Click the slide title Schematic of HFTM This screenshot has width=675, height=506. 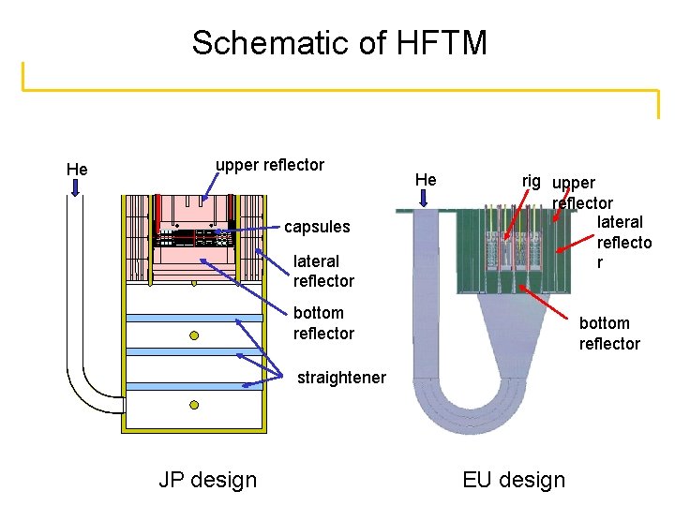tap(339, 42)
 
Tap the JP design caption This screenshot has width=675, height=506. tap(207, 480)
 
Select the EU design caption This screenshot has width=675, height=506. tap(514, 480)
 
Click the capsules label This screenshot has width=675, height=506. tap(317, 227)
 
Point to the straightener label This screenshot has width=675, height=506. tap(341, 378)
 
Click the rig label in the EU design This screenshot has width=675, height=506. tap(532, 179)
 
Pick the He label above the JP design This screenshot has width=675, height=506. tap(77, 170)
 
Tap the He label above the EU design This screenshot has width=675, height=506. tap(426, 179)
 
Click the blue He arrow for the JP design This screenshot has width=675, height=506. tap(77, 188)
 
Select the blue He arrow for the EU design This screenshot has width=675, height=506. tap(425, 197)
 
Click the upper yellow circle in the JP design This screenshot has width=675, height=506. tap(194, 335)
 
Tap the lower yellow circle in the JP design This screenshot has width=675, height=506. tap(194, 405)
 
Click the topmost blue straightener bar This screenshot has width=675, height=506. tap(194, 318)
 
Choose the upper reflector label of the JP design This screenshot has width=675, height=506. tap(270, 165)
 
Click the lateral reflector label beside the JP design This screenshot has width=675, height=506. tap(323, 271)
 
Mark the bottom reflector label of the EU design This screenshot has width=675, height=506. tap(609, 334)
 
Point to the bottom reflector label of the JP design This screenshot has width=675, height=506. tap(323, 323)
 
